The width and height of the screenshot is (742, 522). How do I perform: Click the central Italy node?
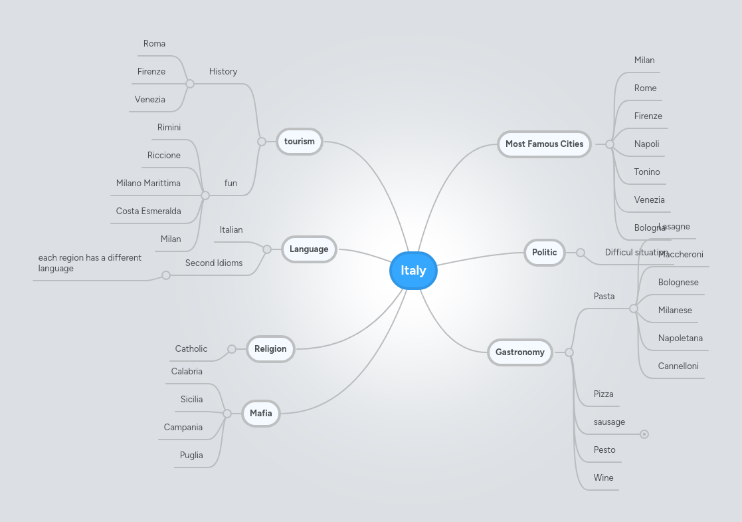[413, 271]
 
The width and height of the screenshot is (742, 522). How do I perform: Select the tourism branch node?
[300, 142]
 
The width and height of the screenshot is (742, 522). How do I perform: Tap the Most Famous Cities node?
[544, 144]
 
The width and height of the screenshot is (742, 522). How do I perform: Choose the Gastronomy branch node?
[520, 352]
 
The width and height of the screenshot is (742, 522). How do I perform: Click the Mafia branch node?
[261, 414]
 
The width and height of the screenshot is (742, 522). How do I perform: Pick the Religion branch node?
[270, 349]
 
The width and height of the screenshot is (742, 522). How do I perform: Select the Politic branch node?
[545, 253]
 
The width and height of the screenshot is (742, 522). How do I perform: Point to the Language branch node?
[309, 249]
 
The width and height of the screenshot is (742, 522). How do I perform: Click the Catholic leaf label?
[191, 349]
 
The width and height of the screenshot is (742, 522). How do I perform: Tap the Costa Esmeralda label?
[148, 211]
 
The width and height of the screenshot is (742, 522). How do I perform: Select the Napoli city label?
[646, 144]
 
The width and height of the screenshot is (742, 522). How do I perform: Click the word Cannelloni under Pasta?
[678, 366]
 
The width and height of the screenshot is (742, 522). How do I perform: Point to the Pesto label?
[604, 450]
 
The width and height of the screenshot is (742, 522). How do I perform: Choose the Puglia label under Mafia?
[191, 456]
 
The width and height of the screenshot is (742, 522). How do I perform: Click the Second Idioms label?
[214, 263]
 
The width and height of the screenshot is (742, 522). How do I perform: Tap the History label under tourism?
[223, 72]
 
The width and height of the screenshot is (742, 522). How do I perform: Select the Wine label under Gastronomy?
[604, 478]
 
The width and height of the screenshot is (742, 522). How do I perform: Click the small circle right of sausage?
[644, 435]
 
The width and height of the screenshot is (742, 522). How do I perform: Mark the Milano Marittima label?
[148, 184]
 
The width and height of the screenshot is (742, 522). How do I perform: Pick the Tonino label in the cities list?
[647, 172]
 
